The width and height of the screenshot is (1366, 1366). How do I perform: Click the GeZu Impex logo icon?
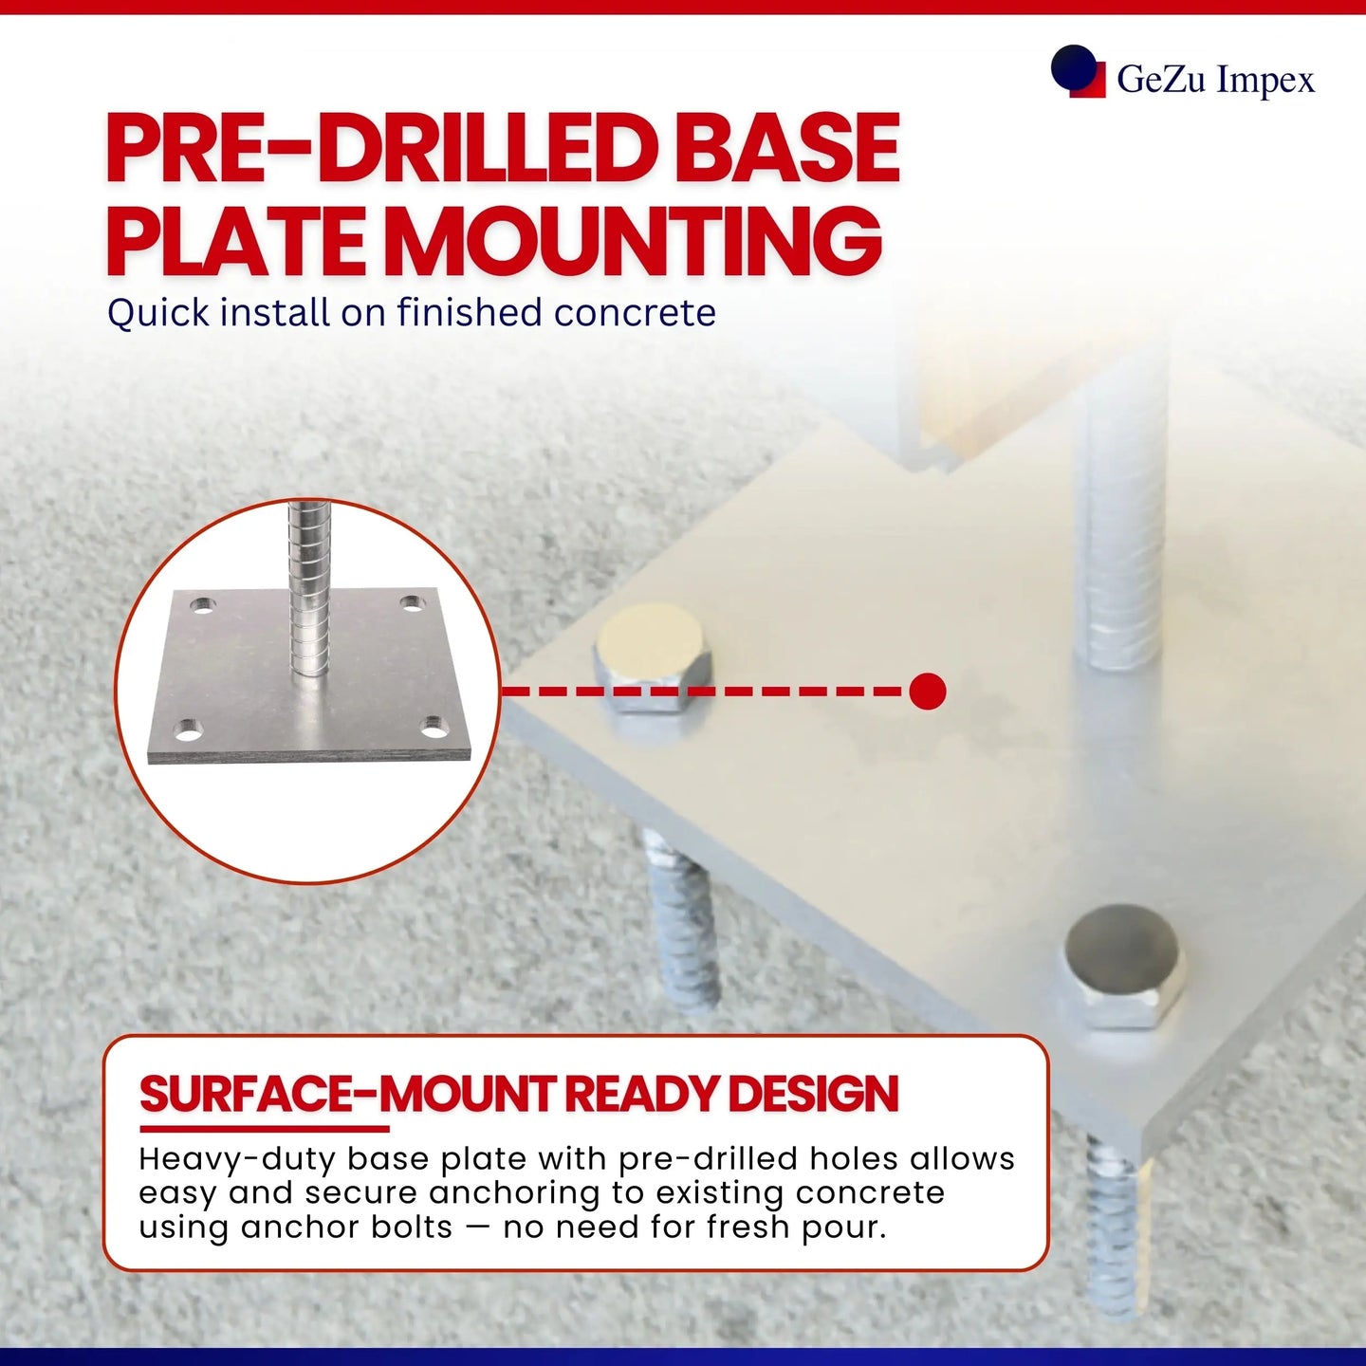point(1078,71)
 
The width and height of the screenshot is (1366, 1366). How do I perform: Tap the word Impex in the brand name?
point(1265,80)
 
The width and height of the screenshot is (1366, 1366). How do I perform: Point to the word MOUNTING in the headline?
point(637,241)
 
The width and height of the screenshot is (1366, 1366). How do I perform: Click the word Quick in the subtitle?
point(158,313)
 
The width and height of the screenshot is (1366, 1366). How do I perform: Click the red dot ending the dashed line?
point(927,692)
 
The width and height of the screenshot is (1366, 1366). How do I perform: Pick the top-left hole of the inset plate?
point(203,605)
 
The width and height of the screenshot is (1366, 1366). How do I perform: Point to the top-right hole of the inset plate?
point(413,603)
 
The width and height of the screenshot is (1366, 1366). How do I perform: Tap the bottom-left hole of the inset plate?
point(188,730)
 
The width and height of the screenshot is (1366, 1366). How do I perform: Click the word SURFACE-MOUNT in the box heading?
point(346,1094)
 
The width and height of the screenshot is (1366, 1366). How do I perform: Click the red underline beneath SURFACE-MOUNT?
point(265,1129)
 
